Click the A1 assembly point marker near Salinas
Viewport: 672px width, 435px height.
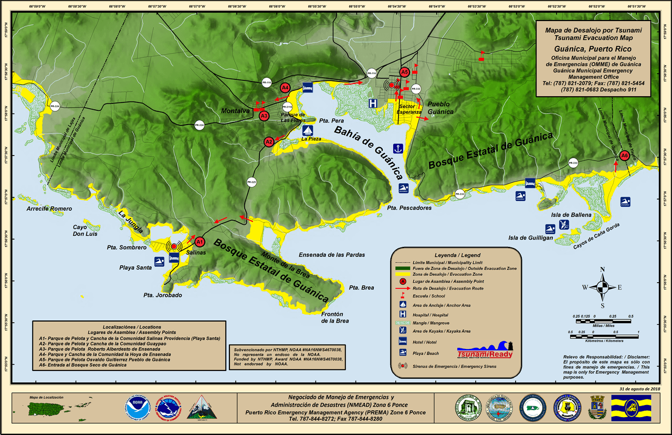199,242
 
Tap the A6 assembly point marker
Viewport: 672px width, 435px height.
624,156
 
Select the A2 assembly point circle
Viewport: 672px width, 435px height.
269,141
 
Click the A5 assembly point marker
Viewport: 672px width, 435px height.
404,72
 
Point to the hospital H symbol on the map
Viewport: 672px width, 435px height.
373,103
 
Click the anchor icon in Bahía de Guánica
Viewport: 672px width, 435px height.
398,149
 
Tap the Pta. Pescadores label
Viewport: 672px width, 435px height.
409,208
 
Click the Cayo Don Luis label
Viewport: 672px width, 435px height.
85,231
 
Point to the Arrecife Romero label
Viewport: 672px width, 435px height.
49,209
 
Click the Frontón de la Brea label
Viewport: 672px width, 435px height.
335,317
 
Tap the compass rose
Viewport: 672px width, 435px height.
602,287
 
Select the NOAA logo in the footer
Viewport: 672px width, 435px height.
138,408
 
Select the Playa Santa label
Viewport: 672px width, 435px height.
136,267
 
